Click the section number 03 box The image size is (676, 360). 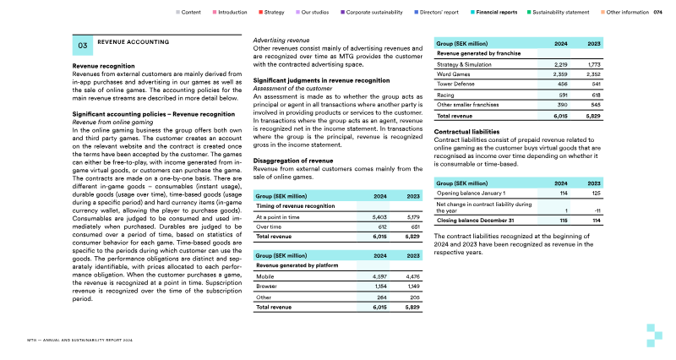(x=83, y=46)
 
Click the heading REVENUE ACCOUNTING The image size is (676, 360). (x=134, y=41)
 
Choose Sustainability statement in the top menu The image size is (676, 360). (x=559, y=13)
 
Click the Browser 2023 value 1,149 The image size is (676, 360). (x=412, y=286)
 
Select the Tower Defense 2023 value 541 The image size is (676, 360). (x=594, y=85)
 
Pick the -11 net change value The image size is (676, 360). (x=597, y=210)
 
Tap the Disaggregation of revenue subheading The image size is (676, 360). (x=293, y=160)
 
